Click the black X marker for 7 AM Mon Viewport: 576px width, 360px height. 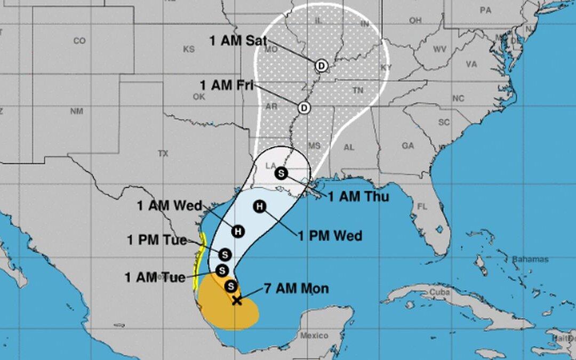pyautogui.click(x=237, y=300)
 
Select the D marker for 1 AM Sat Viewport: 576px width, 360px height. pyautogui.click(x=321, y=66)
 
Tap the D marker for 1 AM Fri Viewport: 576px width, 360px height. pyautogui.click(x=304, y=108)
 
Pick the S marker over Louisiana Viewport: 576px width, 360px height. pyautogui.click(x=281, y=173)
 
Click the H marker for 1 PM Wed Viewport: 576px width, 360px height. pyautogui.click(x=260, y=206)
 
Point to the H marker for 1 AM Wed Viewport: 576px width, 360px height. pyautogui.click(x=238, y=231)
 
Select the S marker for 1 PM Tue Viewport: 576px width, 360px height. pyautogui.click(x=224, y=254)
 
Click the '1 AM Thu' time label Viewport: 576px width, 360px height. pyautogui.click(x=358, y=196)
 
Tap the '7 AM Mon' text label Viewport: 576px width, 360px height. pyautogui.click(x=297, y=289)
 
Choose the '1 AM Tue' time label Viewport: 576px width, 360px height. pyautogui.click(x=155, y=277)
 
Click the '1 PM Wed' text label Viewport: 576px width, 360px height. pyautogui.click(x=330, y=235)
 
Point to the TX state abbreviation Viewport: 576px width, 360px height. pyautogui.click(x=163, y=153)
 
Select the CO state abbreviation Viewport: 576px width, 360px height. pyautogui.click(x=79, y=41)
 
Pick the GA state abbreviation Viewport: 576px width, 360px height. pyautogui.click(x=408, y=145)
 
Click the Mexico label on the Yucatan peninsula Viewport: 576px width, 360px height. pyautogui.click(x=314, y=335)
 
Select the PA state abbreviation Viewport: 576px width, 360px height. pyautogui.click(x=485, y=10)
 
